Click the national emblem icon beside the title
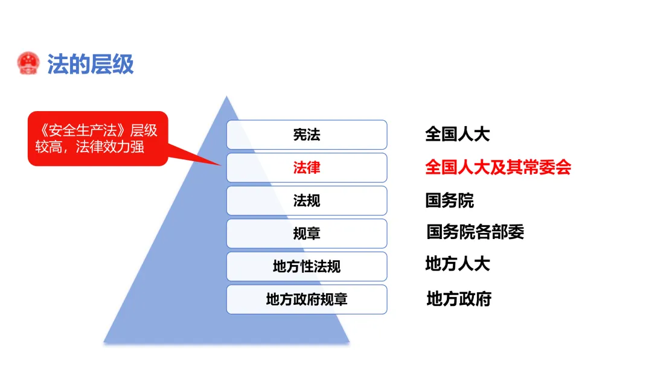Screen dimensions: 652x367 (28, 63)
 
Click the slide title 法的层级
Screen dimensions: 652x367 (91, 64)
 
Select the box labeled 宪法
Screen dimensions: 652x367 (307, 135)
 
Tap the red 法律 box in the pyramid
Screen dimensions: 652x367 (307, 168)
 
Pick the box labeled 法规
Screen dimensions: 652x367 (307, 200)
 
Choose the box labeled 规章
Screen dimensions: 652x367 (307, 234)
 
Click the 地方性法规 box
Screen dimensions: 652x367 (307, 266)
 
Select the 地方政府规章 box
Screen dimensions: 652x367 (307, 299)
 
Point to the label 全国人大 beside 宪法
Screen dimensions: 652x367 (457, 134)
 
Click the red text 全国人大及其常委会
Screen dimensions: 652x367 (498, 167)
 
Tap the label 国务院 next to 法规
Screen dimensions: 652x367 (450, 200)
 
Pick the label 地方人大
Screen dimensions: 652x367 (457, 264)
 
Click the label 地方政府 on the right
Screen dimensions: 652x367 (459, 298)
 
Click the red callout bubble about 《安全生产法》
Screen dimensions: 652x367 (97, 138)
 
